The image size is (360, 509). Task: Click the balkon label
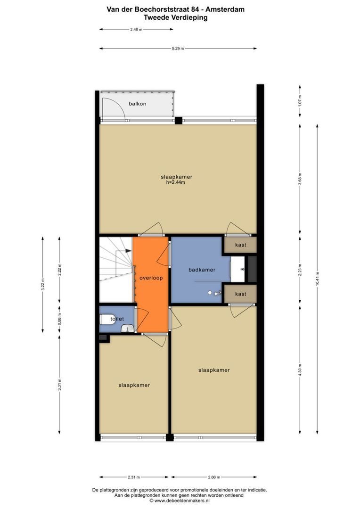click(137, 104)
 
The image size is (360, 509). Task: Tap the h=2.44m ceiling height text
click(176, 182)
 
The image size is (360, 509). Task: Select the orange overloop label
click(151, 278)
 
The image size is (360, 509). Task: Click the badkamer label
click(202, 270)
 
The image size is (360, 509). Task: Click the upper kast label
click(240, 245)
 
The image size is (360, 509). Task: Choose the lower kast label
click(240, 294)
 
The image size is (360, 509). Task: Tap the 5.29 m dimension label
click(178, 49)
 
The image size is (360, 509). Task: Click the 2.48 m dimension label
click(136, 30)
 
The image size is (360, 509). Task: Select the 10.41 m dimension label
click(317, 279)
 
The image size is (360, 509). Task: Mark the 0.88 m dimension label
click(59, 319)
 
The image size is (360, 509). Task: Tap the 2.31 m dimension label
click(134, 477)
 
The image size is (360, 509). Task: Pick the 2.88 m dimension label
click(214, 477)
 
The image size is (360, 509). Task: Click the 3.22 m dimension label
click(42, 285)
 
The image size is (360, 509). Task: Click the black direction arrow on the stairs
click(128, 251)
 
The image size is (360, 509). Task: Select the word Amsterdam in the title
click(225, 9)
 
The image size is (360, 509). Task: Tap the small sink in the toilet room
click(128, 328)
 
